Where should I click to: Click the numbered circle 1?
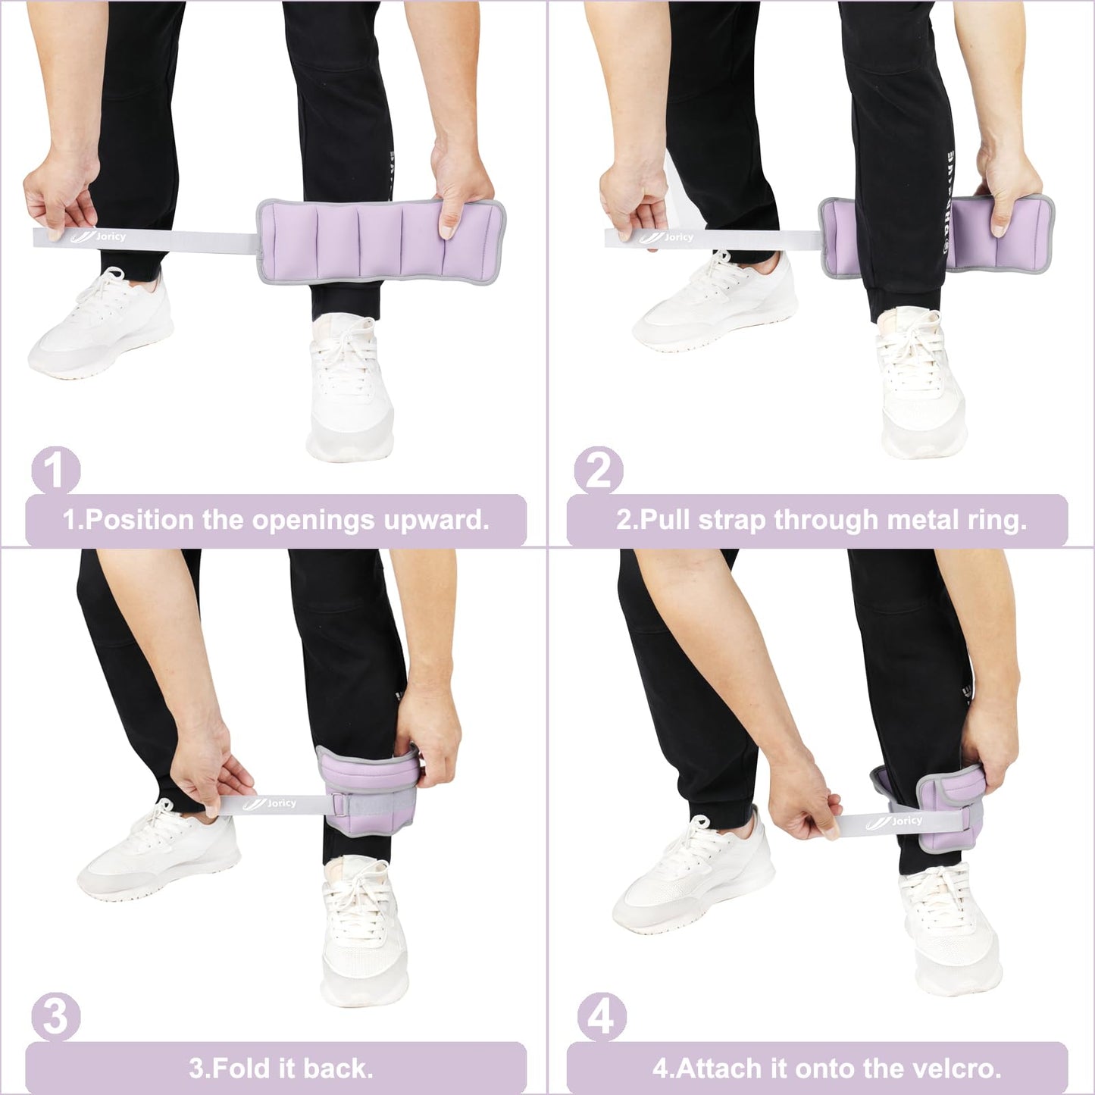[55, 471]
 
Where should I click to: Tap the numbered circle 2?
[599, 471]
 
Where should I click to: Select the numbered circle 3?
[55, 1017]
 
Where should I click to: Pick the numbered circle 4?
[601, 1017]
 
